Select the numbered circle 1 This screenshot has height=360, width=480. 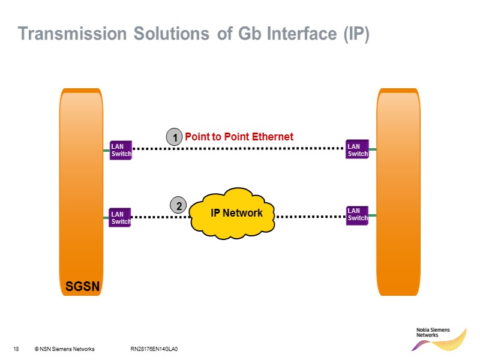[x=174, y=138]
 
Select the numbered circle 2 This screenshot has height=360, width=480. [x=178, y=206]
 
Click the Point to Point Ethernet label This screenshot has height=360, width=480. [x=239, y=137]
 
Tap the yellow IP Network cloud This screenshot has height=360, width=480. [x=233, y=213]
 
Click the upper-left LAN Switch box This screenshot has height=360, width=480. [x=121, y=151]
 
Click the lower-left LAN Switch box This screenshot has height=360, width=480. [x=121, y=217]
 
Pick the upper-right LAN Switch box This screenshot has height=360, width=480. [x=358, y=150]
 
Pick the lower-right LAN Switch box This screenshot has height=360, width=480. [x=358, y=214]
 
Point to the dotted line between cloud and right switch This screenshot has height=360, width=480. [x=311, y=216]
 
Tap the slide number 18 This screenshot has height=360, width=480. [x=16, y=349]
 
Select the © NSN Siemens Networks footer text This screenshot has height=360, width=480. [x=64, y=349]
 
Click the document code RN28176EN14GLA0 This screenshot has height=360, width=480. [x=155, y=349]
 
